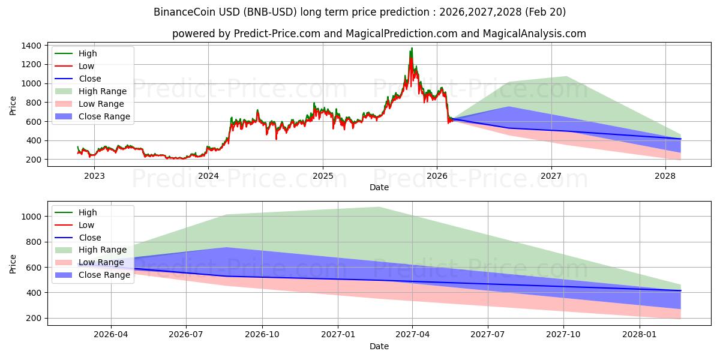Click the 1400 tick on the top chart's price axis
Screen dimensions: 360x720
point(31,46)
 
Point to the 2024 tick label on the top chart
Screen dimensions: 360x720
point(208,176)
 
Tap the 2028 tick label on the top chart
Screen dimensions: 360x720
point(665,176)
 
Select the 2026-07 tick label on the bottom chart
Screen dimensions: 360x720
point(186,335)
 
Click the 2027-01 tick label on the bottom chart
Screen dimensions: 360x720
point(338,335)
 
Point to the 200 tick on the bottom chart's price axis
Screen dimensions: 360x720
point(34,318)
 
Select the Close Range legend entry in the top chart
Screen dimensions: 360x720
point(104,116)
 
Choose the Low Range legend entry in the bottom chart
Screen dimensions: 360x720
point(103,262)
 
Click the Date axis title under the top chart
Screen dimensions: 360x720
point(379,187)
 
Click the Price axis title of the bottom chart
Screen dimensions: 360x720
point(13,263)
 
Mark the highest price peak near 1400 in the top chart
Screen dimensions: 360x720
point(412,48)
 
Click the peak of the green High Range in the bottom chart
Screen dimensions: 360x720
point(378,208)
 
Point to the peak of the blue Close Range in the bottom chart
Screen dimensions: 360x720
point(226,248)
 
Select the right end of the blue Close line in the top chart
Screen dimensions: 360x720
point(680,139)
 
